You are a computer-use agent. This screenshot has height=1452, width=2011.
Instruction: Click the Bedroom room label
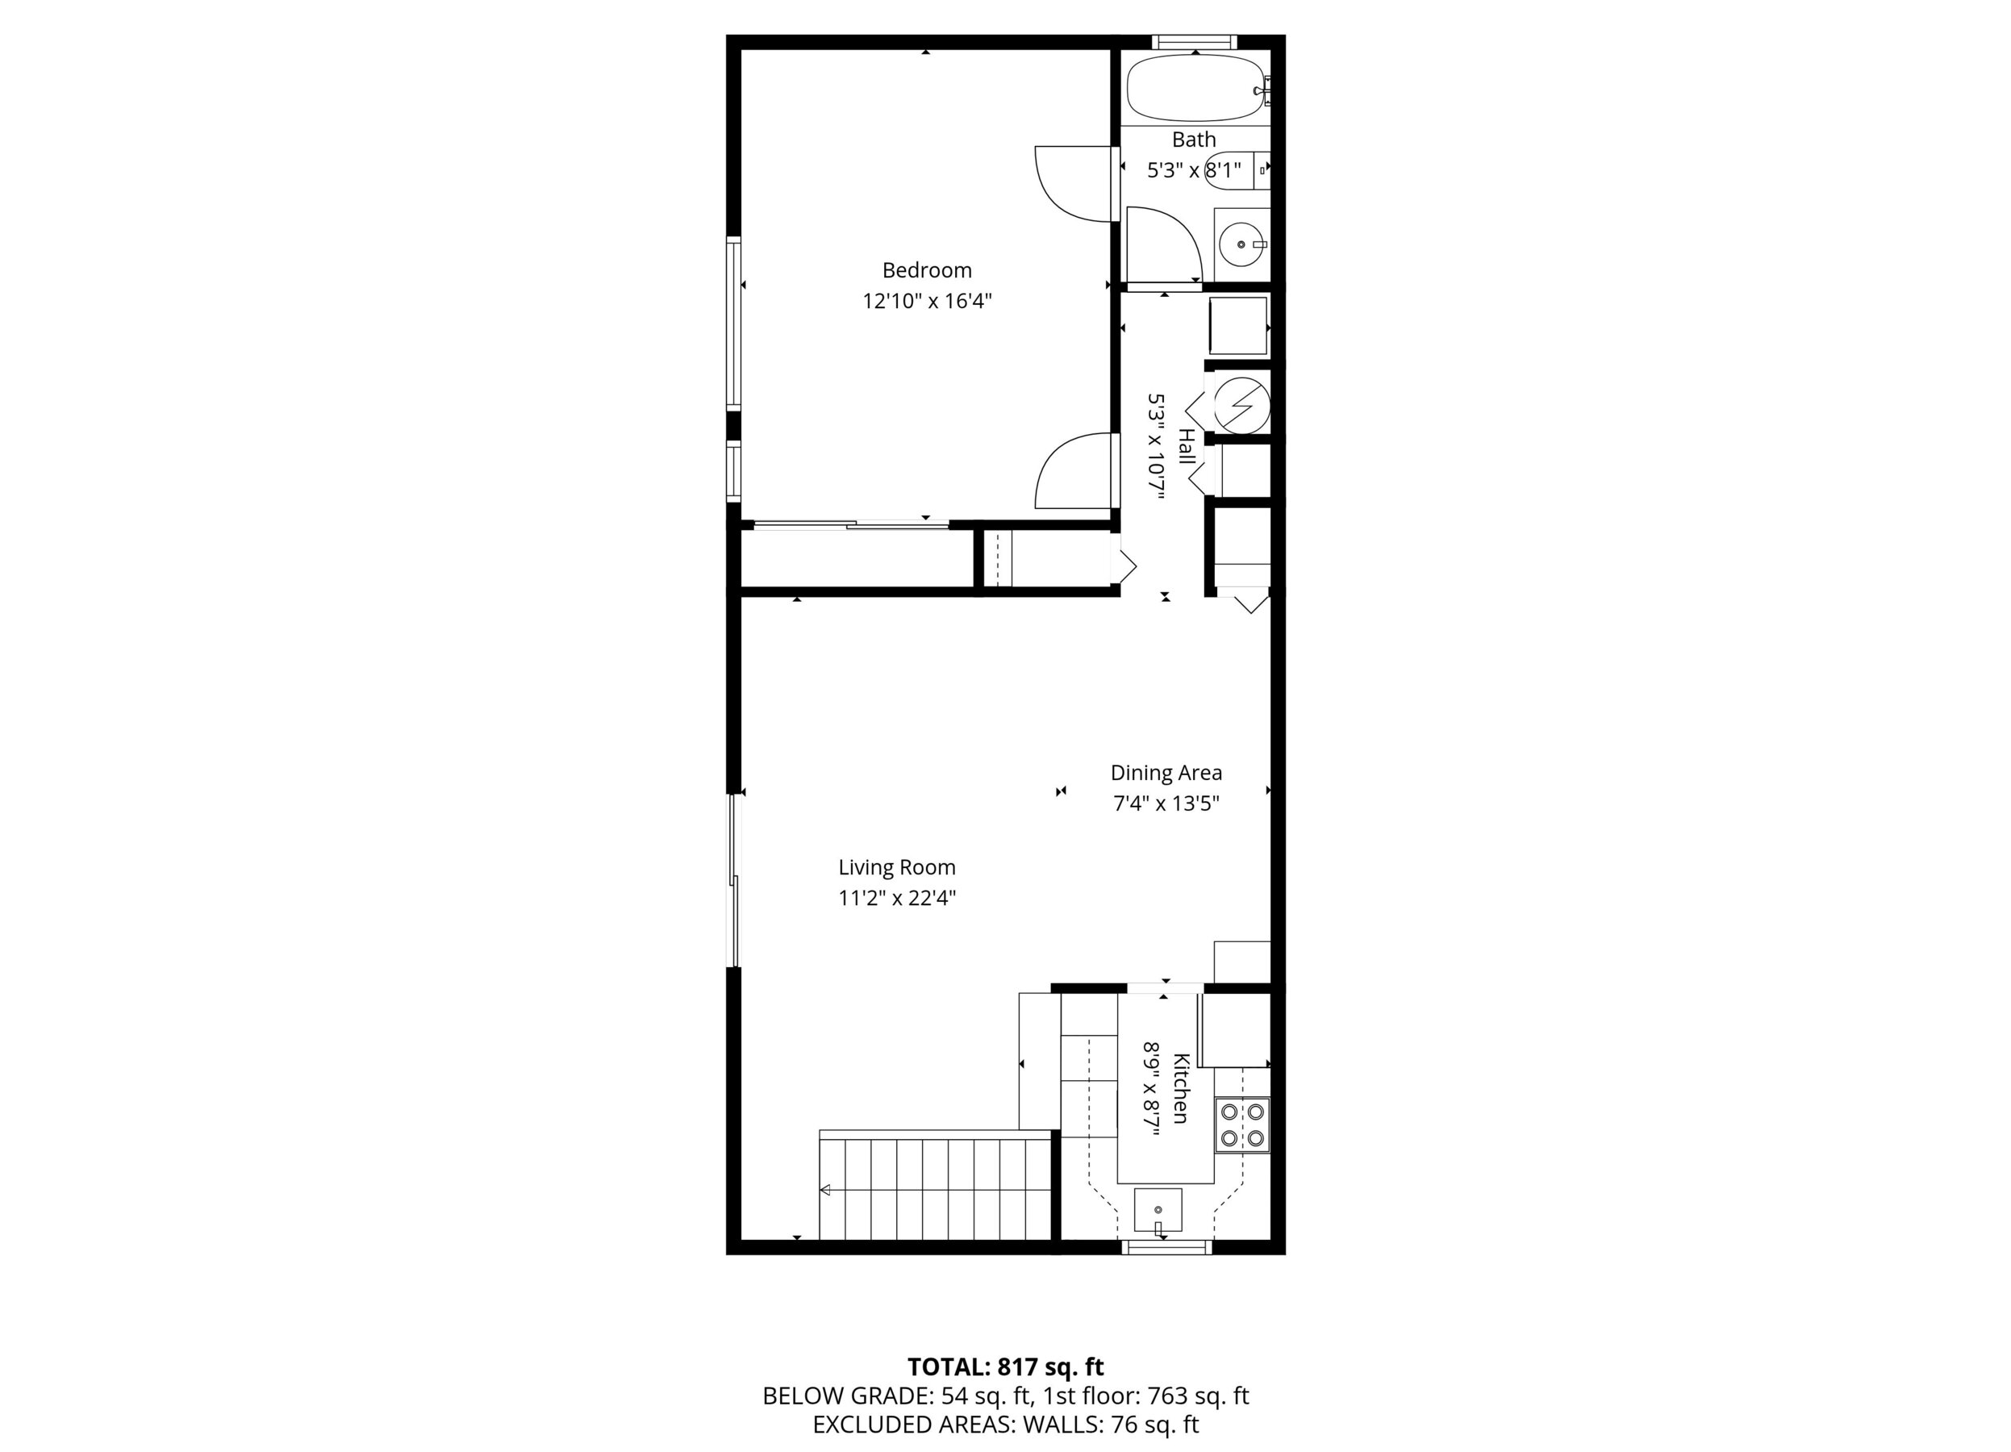[x=927, y=270]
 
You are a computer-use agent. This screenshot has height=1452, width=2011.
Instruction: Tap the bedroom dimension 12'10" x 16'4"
[x=927, y=302]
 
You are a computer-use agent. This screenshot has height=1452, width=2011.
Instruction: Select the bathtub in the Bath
[x=1195, y=89]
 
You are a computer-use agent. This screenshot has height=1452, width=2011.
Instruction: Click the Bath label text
[x=1194, y=140]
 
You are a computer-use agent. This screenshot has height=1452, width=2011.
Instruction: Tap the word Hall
[x=1186, y=447]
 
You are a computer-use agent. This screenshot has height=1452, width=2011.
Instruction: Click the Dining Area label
[x=1166, y=773]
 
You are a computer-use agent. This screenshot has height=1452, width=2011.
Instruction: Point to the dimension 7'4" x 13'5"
[x=1166, y=804]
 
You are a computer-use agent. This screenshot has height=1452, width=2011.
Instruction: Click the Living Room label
[x=896, y=868]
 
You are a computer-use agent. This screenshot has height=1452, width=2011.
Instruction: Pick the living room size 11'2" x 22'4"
[x=896, y=899]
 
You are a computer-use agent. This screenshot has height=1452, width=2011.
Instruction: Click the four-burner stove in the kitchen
[x=1241, y=1125]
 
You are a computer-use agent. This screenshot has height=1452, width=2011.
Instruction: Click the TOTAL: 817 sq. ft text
[x=1005, y=1367]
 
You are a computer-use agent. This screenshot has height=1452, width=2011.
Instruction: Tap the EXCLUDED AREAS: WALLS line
[x=1005, y=1425]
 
